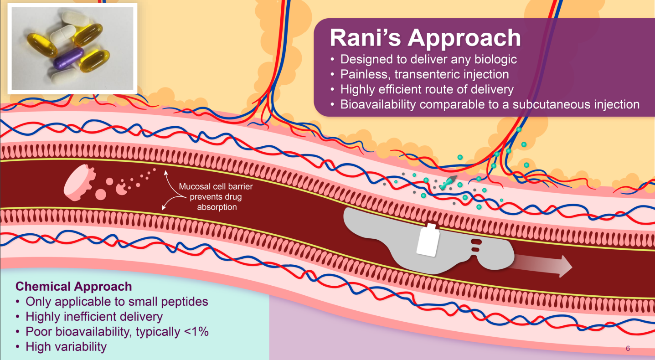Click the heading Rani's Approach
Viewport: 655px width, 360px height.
click(425, 38)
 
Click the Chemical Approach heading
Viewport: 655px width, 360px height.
click(74, 287)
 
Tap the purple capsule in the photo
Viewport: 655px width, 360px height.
click(69, 57)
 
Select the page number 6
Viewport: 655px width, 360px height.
click(628, 349)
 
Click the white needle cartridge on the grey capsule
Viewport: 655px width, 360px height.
click(428, 241)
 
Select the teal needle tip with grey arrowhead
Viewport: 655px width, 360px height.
click(449, 180)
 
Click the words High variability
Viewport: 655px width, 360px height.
click(66, 346)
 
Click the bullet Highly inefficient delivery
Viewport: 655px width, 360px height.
click(94, 316)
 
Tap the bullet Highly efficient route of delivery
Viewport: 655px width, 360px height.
click(427, 89)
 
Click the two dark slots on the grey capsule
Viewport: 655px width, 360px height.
click(476, 245)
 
